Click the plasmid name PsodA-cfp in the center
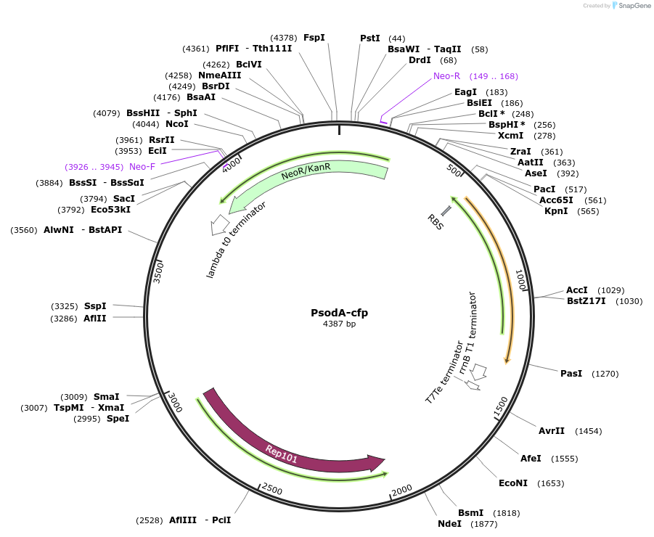tap(339, 313)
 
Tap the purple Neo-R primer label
tap(446, 76)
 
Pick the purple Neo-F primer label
tap(142, 166)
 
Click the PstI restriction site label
tap(370, 38)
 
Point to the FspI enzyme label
tap(314, 37)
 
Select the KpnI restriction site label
tap(557, 211)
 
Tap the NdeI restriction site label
tap(449, 523)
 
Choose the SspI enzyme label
tap(95, 306)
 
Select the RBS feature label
tap(435, 221)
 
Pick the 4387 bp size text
tap(339, 324)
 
